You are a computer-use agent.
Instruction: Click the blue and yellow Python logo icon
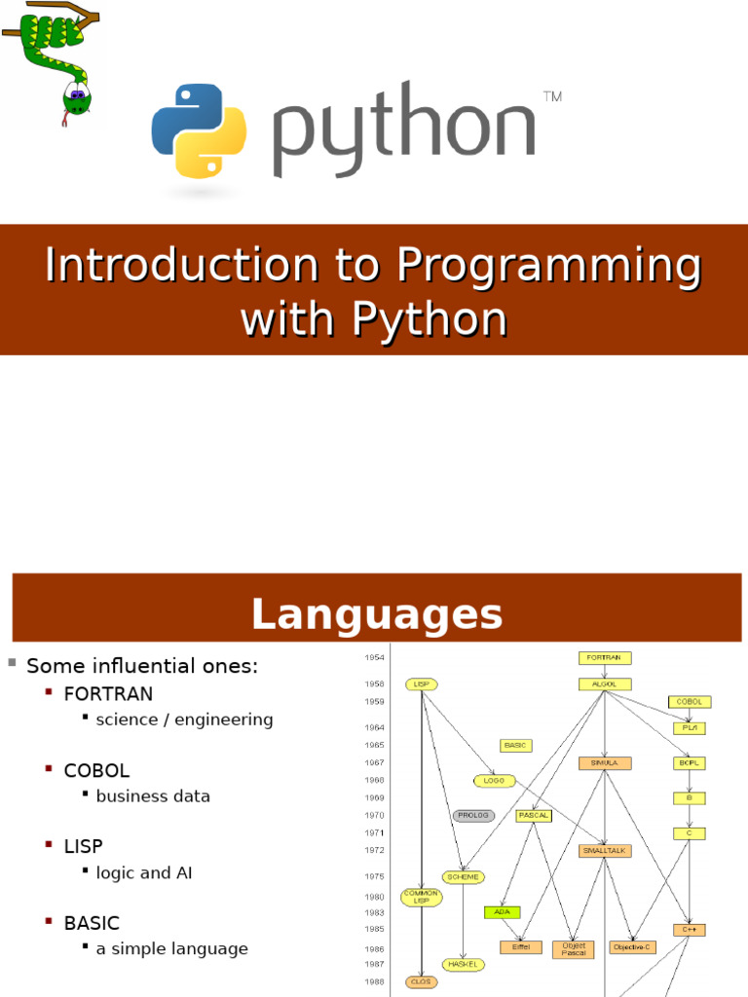(x=199, y=130)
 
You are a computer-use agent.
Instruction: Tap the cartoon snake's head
(x=75, y=98)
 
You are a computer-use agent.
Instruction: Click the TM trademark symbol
(x=551, y=96)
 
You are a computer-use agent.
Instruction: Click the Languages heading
(x=376, y=614)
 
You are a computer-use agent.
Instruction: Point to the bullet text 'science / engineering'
(x=184, y=720)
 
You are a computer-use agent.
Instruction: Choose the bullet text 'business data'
(x=153, y=795)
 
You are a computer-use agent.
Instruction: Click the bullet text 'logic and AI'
(x=144, y=872)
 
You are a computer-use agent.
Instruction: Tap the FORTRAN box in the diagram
(x=605, y=657)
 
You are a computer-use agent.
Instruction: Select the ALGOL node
(x=605, y=684)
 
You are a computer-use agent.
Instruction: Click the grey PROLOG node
(x=473, y=815)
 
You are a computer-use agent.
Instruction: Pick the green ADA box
(x=502, y=912)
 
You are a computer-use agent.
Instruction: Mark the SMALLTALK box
(x=605, y=850)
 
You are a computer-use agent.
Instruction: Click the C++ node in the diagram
(x=689, y=930)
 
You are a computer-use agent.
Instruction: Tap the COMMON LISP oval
(x=421, y=897)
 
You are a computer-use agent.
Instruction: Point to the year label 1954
(x=374, y=658)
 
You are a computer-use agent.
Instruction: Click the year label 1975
(x=374, y=876)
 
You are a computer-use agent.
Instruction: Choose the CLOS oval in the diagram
(x=421, y=981)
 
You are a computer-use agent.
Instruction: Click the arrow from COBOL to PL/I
(x=690, y=715)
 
